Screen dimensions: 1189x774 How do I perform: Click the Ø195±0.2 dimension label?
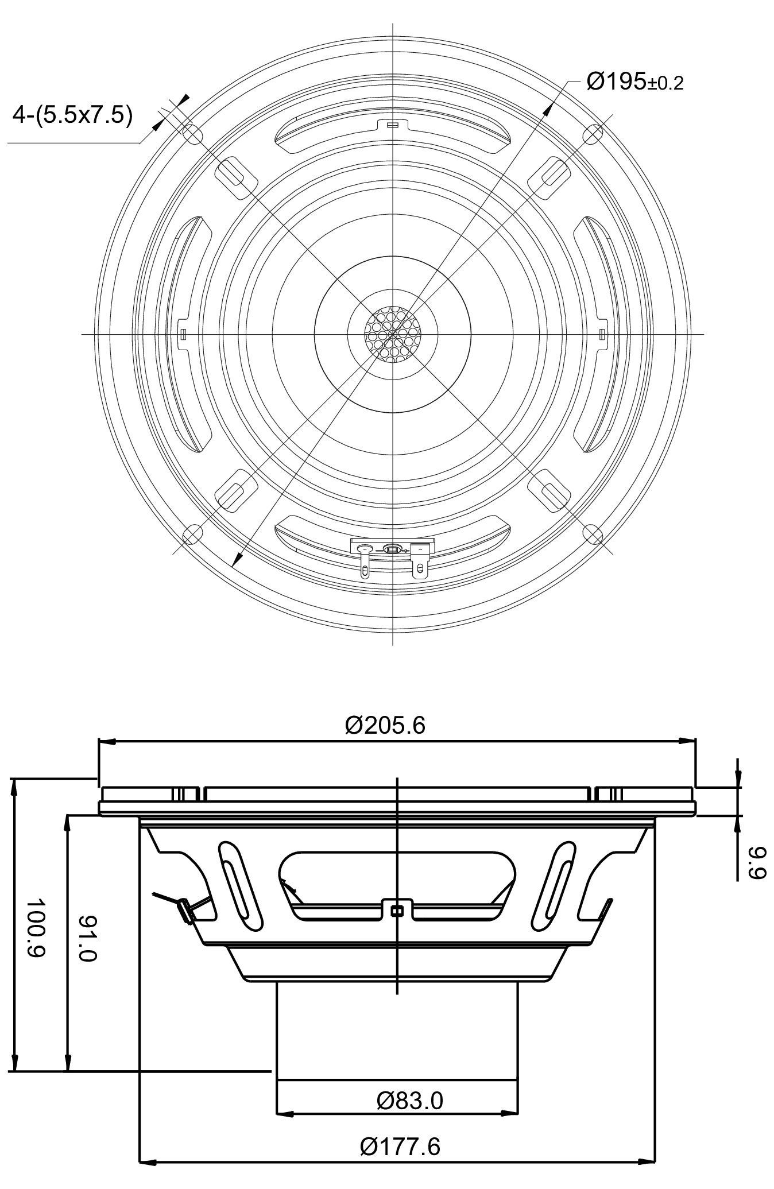pyautogui.click(x=634, y=82)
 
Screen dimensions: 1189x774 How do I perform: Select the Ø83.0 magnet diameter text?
pyautogui.click(x=409, y=1101)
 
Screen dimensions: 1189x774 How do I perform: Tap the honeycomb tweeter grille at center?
pyautogui.click(x=393, y=334)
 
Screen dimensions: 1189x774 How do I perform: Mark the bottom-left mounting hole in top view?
pyautogui.click(x=192, y=534)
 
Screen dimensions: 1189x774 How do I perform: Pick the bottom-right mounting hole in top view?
pyautogui.click(x=593, y=534)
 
